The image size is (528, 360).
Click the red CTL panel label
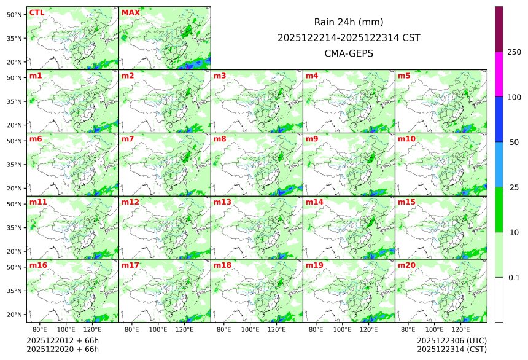(36, 12)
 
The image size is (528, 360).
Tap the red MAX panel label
(130, 12)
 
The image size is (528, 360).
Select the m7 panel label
(128, 139)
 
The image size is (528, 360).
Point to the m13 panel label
(222, 202)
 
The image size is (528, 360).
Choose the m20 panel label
(406, 265)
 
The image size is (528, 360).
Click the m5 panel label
(404, 76)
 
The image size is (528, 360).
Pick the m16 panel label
(38, 265)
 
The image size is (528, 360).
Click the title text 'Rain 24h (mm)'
(349, 22)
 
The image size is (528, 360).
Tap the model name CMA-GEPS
(349, 53)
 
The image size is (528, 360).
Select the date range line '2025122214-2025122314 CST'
(349, 37)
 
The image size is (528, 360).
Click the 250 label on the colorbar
(514, 52)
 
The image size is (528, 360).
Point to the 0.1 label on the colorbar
(514, 278)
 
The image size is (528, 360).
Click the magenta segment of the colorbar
(499, 74)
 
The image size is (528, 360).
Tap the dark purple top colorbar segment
(499, 29)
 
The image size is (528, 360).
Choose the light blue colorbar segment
(499, 164)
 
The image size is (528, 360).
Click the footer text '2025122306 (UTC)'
(451, 340)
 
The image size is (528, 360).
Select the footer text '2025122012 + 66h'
(63, 340)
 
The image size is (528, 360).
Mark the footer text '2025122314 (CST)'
(451, 350)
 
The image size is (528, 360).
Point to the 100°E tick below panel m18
(250, 330)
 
